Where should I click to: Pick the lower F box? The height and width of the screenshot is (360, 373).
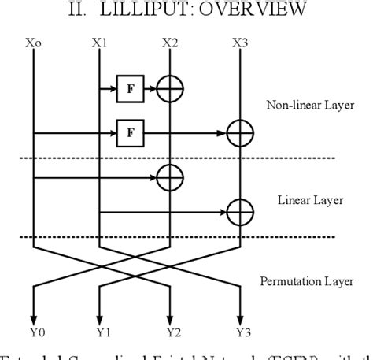click(x=128, y=132)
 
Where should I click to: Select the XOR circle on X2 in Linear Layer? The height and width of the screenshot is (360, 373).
click(x=169, y=178)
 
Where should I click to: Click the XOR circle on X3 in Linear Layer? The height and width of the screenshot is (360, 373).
click(x=240, y=210)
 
